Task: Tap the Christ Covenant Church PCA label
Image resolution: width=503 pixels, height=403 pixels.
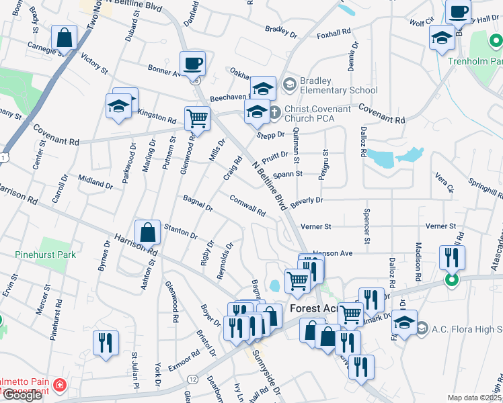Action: pos(317,114)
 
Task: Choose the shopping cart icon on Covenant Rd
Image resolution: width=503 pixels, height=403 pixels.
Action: pos(198,119)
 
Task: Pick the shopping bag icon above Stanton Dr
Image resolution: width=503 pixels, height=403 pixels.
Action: pos(147,232)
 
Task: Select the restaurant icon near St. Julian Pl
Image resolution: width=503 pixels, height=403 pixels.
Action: pos(106,342)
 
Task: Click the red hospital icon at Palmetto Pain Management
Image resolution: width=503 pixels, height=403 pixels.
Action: pos(60,385)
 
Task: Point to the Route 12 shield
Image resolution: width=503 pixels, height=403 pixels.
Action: pos(194,379)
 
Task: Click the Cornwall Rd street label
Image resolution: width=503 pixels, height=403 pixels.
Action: pos(247,205)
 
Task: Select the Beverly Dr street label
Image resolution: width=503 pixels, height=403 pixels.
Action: pos(307,200)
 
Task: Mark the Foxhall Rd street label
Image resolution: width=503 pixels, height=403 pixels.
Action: pos(334,33)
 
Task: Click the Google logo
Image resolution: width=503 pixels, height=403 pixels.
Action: pos(22,395)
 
